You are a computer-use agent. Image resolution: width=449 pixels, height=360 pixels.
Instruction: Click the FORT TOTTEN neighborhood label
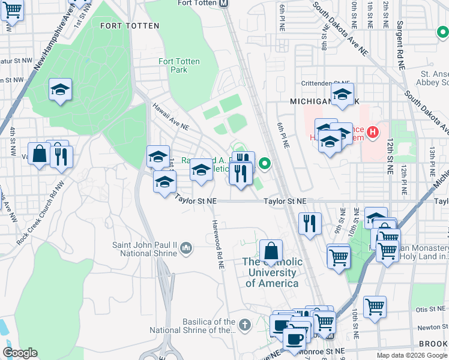coord(130,26)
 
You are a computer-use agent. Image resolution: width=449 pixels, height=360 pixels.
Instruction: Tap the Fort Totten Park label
coord(173,65)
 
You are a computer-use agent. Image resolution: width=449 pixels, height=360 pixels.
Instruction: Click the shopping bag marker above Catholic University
coord(271,251)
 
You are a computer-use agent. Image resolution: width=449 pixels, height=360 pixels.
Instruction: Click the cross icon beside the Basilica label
coord(244,325)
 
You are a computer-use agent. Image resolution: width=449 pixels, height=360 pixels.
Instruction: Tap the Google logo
coord(20,353)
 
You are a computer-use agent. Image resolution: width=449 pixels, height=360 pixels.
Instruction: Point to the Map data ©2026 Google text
coord(412,355)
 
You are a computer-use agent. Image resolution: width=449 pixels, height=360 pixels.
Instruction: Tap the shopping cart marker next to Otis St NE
coord(375,307)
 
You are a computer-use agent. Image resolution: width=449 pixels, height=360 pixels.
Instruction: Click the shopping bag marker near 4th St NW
coord(39,154)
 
